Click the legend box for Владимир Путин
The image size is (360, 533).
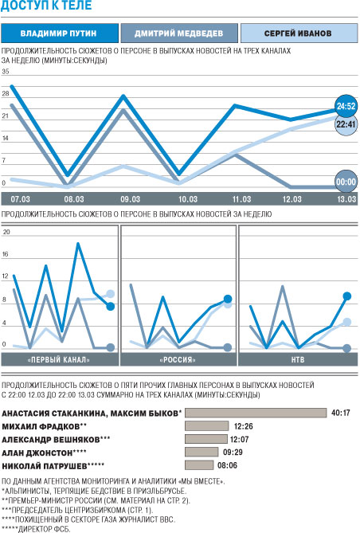click(x=60, y=33)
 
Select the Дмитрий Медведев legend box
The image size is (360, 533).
click(x=179, y=33)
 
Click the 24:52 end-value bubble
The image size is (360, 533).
click(x=346, y=107)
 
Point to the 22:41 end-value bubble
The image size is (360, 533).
click(x=346, y=124)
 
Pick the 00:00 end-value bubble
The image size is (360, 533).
click(x=346, y=182)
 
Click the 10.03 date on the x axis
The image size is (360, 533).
click(x=188, y=199)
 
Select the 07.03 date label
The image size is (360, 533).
click(x=21, y=199)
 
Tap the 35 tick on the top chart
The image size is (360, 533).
click(x=5, y=72)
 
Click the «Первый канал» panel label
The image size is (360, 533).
click(x=59, y=359)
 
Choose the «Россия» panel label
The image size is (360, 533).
click(x=178, y=359)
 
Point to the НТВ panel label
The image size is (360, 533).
click(x=298, y=359)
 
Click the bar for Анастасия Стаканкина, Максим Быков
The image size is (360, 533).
click(x=256, y=413)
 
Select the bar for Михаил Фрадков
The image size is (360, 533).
click(x=207, y=425)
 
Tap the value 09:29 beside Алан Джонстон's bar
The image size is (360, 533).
click(x=233, y=452)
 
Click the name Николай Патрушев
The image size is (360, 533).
click(x=44, y=466)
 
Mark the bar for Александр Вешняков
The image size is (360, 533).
click(x=206, y=439)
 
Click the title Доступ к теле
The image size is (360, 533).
click(x=46, y=5)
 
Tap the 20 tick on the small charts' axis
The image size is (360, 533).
click(x=6, y=232)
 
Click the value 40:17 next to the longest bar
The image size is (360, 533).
click(x=341, y=413)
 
